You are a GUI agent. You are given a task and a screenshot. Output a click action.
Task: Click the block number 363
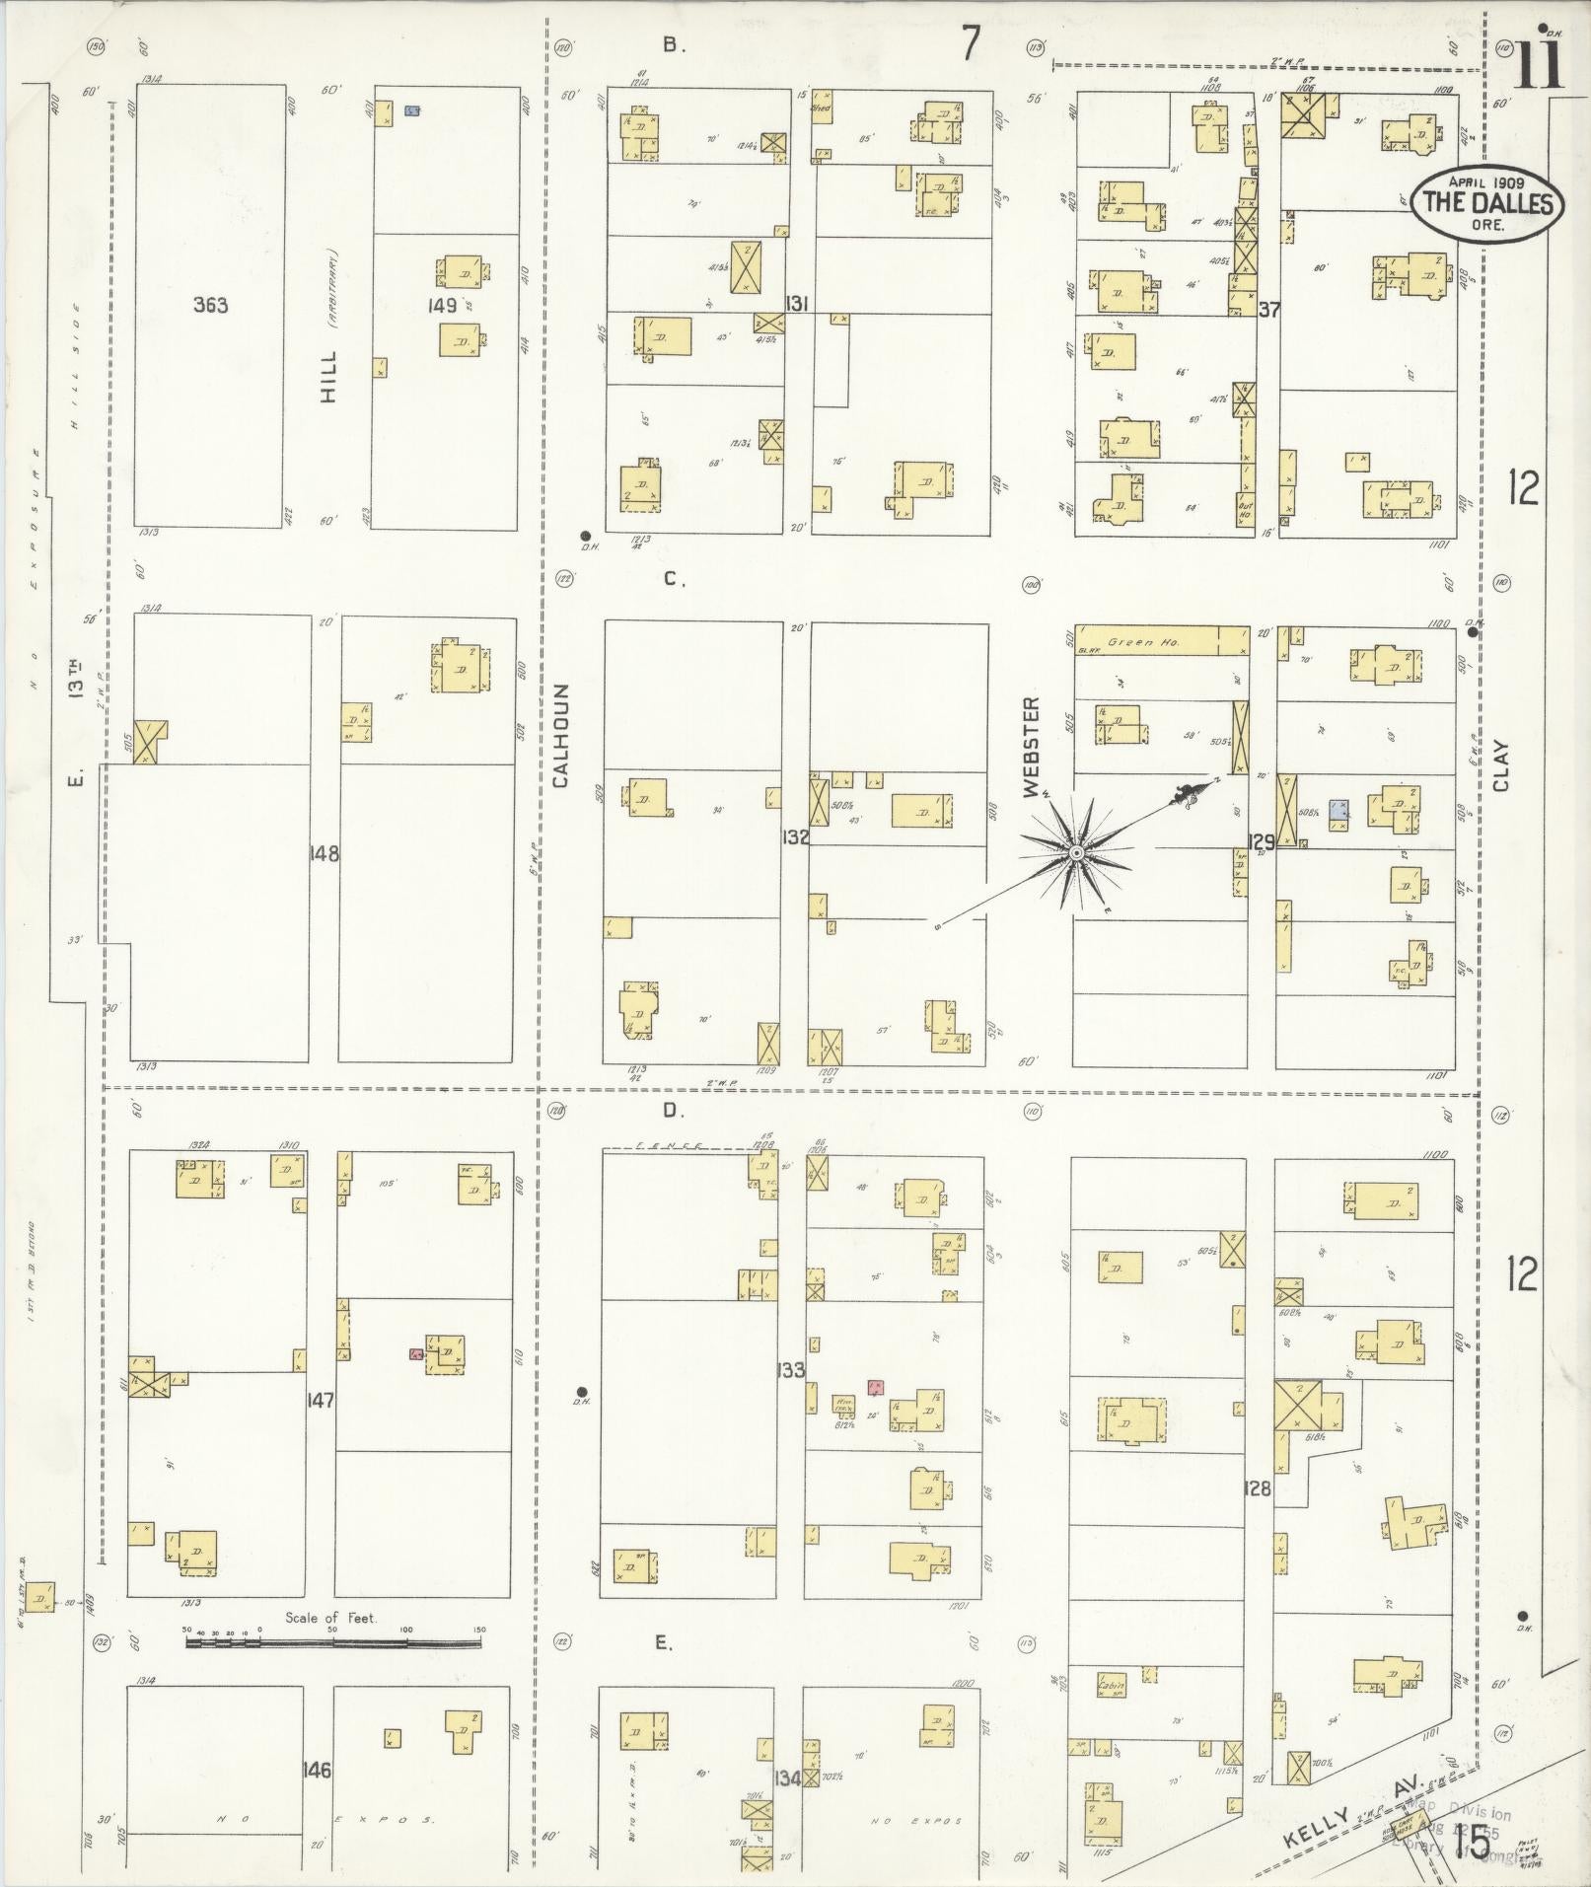210,306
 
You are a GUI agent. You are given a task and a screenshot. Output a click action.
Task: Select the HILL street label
328,376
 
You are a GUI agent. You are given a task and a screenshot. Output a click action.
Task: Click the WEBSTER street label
1031,747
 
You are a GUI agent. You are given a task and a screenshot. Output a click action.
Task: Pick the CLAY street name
1501,766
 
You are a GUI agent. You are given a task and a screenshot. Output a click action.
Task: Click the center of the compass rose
1076,851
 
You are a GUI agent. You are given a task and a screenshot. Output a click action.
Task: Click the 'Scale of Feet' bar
333,1643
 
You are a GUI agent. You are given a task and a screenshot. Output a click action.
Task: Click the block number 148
324,854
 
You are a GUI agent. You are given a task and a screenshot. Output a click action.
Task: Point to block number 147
321,1400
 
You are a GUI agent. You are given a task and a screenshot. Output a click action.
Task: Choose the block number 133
791,1369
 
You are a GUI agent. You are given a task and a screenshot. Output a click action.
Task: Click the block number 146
318,1770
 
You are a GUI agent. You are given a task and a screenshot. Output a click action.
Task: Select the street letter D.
673,1111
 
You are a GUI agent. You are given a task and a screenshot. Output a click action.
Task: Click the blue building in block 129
1338,808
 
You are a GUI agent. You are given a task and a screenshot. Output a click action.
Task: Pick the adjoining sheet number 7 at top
972,44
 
